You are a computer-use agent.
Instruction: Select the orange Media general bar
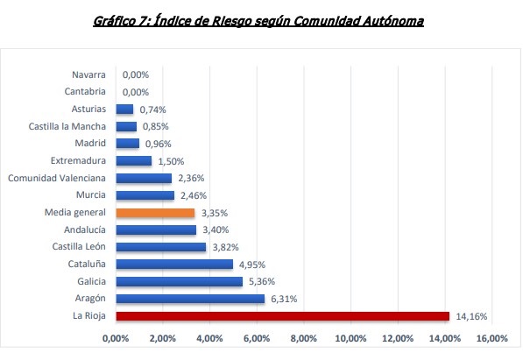155,212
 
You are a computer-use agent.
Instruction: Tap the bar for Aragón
190,299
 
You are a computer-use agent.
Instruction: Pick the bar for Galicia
179,281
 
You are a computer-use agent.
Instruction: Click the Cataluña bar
174,264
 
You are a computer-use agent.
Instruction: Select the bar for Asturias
124,109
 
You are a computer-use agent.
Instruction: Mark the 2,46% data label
192,195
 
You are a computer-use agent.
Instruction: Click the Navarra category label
89,75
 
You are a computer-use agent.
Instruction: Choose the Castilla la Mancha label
67,127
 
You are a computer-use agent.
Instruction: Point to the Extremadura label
79,161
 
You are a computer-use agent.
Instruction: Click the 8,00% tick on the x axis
304,338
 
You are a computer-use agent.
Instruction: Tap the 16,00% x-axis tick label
492,338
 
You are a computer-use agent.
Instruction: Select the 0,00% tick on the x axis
116,338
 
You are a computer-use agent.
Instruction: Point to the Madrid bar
127,144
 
